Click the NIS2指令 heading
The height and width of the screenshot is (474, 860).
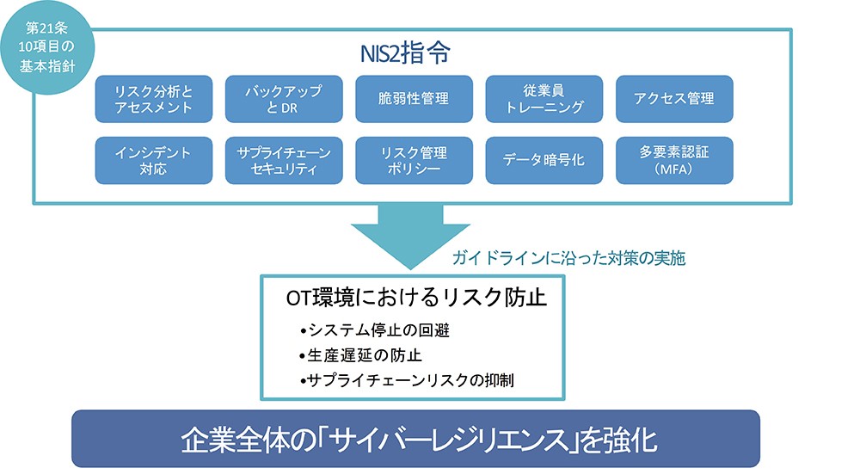click(405, 52)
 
